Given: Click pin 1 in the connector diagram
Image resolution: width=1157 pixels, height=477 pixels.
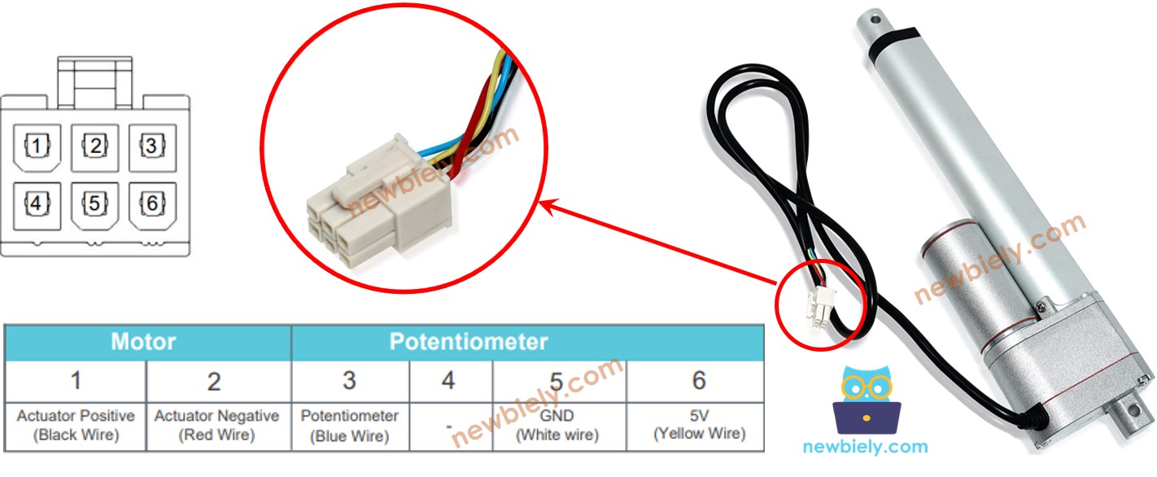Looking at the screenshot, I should point(37,147).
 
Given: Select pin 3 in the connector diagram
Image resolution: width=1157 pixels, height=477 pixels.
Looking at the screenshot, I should point(151,147).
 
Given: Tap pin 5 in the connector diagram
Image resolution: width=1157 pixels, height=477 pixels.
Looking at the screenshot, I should point(95,203).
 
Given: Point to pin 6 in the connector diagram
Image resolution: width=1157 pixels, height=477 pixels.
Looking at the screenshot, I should point(151,203).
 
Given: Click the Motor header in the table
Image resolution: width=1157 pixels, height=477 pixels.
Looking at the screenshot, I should point(143,342).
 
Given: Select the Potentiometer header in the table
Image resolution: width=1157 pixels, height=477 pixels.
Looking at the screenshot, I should point(469,342).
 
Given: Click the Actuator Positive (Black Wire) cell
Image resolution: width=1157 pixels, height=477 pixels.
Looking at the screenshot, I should point(76,426).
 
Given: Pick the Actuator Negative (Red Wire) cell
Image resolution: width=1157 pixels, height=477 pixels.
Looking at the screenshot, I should point(216,426).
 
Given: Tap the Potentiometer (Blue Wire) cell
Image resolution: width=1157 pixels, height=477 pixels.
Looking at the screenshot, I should point(349,426).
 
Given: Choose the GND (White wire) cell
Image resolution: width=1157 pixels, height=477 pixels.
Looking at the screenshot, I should point(557,426).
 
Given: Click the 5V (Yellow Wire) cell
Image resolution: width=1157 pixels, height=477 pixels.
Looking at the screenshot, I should point(699,426).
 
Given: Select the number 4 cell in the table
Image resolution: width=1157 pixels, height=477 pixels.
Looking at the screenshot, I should point(448,380).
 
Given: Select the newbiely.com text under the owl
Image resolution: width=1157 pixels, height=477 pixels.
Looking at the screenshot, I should point(865,447).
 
